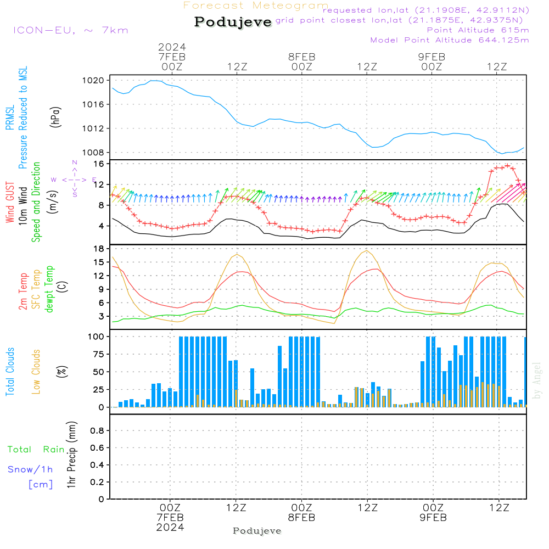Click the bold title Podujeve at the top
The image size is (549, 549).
tap(233, 22)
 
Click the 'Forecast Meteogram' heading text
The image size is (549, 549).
tap(256, 5)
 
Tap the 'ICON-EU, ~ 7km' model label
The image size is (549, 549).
tap(70, 30)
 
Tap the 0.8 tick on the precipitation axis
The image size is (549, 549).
tap(98, 431)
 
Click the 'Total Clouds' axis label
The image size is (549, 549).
tap(10, 372)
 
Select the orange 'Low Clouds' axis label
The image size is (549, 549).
tap(36, 372)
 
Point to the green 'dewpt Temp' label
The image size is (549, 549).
tap(49, 289)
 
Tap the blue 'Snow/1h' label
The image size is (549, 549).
tap(31, 469)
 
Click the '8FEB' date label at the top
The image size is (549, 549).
tap(301, 57)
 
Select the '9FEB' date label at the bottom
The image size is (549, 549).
tap(433, 518)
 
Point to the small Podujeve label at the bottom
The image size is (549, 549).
tap(257, 531)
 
